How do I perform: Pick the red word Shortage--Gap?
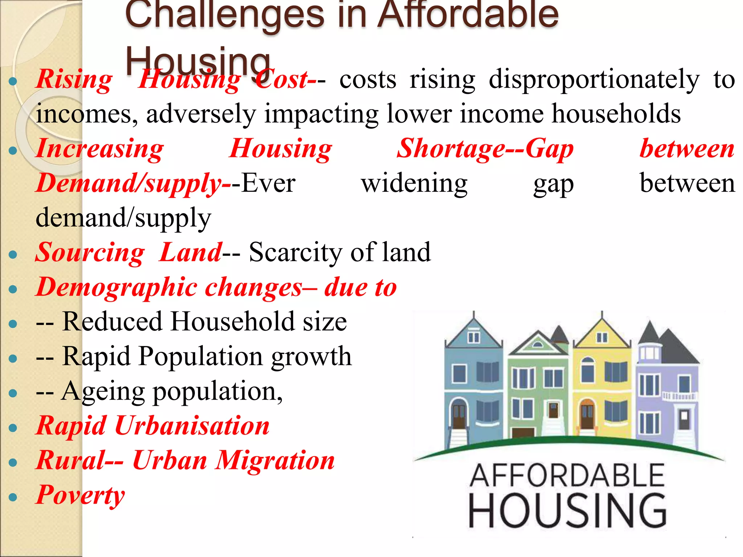click(x=485, y=149)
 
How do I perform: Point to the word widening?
click(x=414, y=183)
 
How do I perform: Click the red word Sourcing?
click(x=90, y=252)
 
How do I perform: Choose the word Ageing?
click(x=103, y=392)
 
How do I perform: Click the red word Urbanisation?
click(x=192, y=426)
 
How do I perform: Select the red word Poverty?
click(x=80, y=495)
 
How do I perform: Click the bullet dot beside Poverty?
click(x=13, y=497)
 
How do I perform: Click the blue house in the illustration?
click(x=473, y=381)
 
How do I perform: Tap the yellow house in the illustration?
click(x=602, y=381)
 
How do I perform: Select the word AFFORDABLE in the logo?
click(x=567, y=476)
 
